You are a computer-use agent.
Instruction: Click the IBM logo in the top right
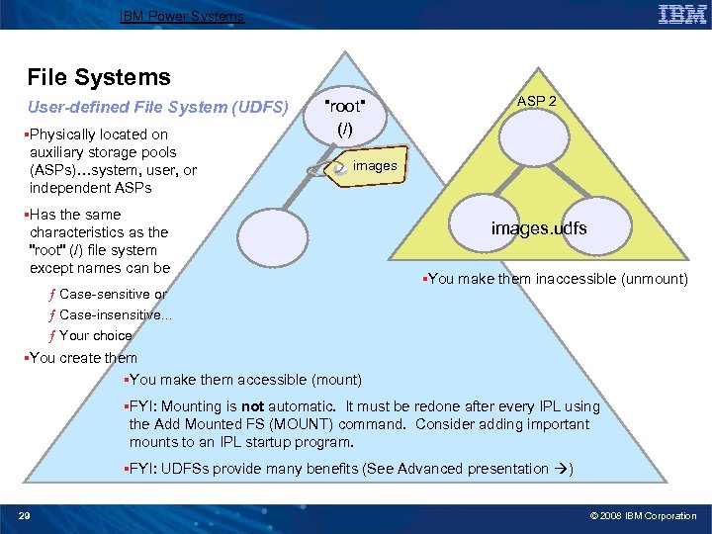click(682, 15)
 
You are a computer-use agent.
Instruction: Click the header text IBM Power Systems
click(181, 16)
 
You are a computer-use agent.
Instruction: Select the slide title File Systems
click(99, 77)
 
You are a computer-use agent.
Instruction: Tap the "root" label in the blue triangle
click(346, 107)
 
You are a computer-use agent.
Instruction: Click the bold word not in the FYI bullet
click(253, 406)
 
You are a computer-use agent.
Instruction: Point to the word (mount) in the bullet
click(336, 380)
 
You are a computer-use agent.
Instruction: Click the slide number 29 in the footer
click(26, 515)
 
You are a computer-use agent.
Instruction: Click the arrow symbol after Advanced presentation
click(560, 469)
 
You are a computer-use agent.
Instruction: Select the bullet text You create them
click(83, 358)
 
